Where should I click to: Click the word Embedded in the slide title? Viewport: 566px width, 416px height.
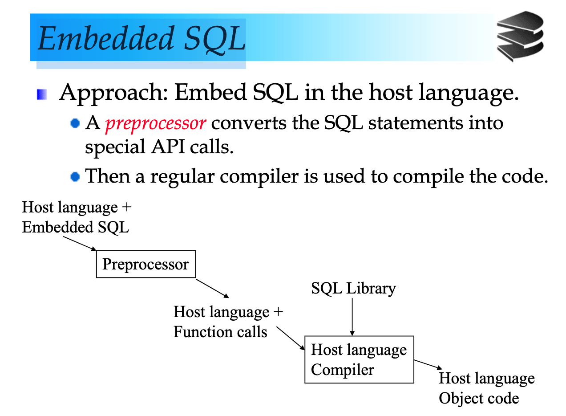pos(106,38)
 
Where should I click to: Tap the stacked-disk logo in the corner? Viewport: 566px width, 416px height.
pos(520,36)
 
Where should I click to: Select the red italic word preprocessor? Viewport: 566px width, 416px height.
pos(156,124)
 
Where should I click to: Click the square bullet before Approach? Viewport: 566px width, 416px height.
pos(42,94)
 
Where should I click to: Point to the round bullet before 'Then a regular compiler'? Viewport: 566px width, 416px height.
pos(75,176)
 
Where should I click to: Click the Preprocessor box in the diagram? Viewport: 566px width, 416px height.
pos(146,264)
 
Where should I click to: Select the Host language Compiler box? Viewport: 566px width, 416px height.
pos(359,359)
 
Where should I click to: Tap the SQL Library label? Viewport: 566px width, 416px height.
pos(353,288)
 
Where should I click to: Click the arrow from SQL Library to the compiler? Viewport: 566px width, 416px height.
pos(352,317)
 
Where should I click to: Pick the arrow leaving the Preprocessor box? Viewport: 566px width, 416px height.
pos(213,289)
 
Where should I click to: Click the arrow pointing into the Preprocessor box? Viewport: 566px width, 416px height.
pos(80,244)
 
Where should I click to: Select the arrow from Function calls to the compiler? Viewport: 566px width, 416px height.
pos(291,338)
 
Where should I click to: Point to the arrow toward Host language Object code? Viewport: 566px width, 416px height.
pos(428,365)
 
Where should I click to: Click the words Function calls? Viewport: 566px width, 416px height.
pos(220,331)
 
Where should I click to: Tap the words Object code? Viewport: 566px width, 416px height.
pos(479,399)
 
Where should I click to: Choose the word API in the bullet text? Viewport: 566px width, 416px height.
pos(168,147)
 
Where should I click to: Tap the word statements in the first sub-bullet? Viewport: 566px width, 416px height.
pos(416,123)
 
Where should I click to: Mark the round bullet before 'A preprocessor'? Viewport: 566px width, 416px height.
pos(75,123)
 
